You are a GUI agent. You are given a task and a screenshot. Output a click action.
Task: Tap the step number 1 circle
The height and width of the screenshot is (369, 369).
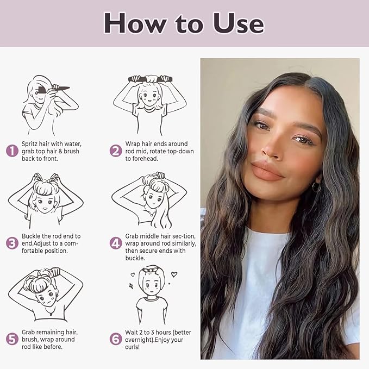tap(12, 151)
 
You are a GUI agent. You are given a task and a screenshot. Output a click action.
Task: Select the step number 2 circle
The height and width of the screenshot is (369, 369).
tap(116, 151)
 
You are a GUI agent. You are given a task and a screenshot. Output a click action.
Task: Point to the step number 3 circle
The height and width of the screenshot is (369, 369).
tap(12, 243)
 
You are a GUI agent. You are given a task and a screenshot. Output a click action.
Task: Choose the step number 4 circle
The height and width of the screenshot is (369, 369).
tap(116, 243)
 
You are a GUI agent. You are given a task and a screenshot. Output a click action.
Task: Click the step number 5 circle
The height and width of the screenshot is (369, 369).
tap(12, 339)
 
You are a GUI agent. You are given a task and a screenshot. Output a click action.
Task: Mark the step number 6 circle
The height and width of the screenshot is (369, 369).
tap(116, 339)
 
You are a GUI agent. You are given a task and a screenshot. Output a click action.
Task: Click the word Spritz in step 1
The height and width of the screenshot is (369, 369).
tap(32, 143)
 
